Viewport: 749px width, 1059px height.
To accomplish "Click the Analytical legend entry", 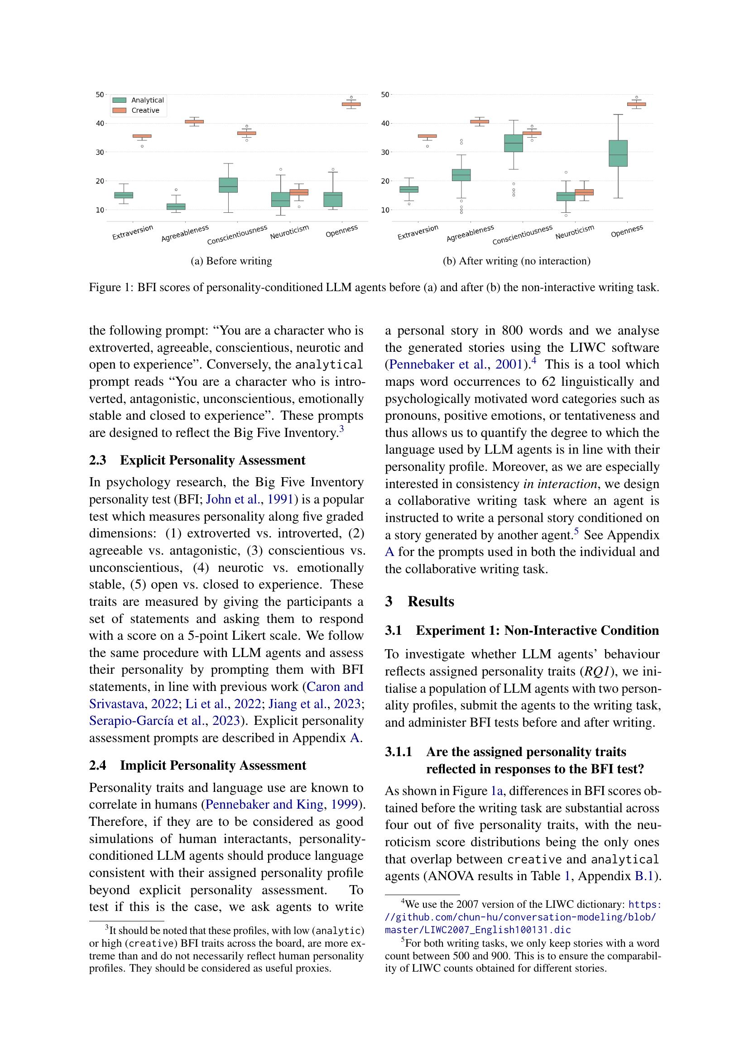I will coord(147,100).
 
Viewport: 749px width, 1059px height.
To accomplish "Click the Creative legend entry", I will coord(145,110).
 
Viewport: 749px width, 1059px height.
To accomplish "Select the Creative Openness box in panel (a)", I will coord(351,104).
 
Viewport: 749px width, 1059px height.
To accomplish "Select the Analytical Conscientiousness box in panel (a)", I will coord(228,185).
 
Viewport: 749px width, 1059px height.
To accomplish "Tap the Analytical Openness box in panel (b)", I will coord(618,153).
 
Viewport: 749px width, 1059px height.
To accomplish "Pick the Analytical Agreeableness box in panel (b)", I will coord(461,175).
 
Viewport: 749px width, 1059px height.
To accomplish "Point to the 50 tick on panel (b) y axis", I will coord(385,95).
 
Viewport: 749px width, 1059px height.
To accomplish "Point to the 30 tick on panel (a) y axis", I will coord(100,152).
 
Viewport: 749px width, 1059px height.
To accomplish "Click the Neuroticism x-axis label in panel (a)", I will coord(289,232).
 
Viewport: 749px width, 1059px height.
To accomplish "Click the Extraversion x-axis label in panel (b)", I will coord(418,232).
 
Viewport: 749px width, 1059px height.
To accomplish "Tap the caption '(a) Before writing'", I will coord(231,261).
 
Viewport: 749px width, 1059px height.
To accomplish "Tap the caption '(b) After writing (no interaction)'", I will coord(517,261).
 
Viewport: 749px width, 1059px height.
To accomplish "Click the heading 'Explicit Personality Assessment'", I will coord(213,460).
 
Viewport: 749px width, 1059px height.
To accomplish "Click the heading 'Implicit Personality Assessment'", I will coord(213,765).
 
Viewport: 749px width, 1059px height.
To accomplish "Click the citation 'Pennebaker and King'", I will coord(264,805).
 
